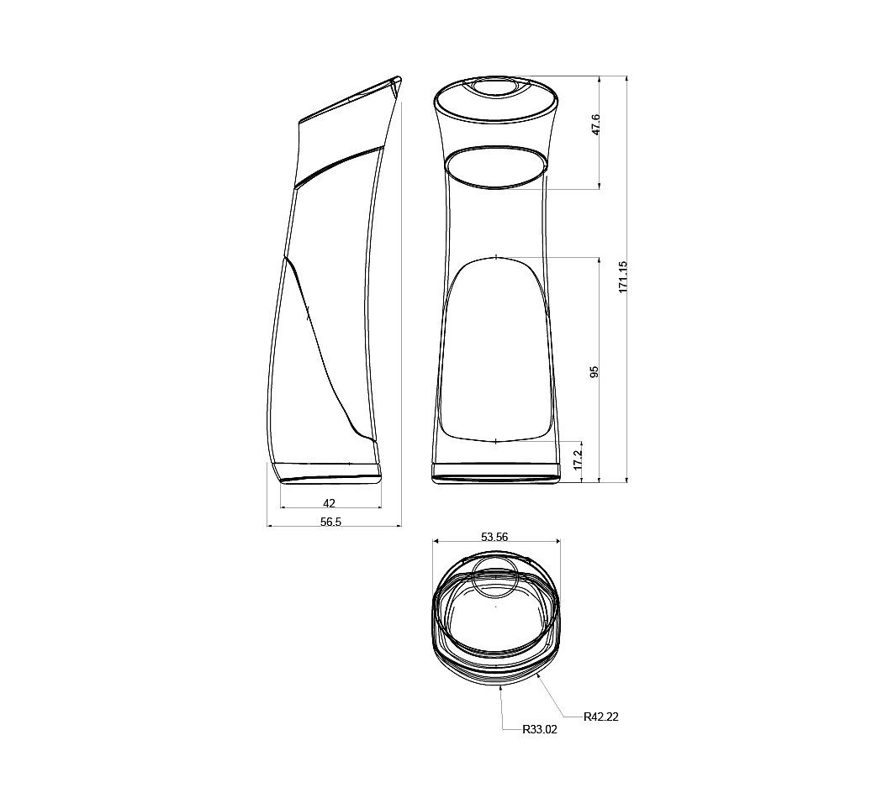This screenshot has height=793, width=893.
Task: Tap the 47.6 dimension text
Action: coord(595,124)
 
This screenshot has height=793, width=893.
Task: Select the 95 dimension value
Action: coord(594,372)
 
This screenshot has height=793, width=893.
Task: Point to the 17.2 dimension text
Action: coord(578,459)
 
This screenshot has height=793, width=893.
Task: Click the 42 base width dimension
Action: coord(329,503)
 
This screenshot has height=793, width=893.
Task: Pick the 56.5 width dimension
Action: coord(331,522)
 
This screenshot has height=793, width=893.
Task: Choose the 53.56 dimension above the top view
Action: coord(494,537)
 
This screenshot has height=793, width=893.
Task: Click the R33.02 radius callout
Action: coord(540,729)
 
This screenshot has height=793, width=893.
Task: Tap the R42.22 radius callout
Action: coord(601,717)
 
